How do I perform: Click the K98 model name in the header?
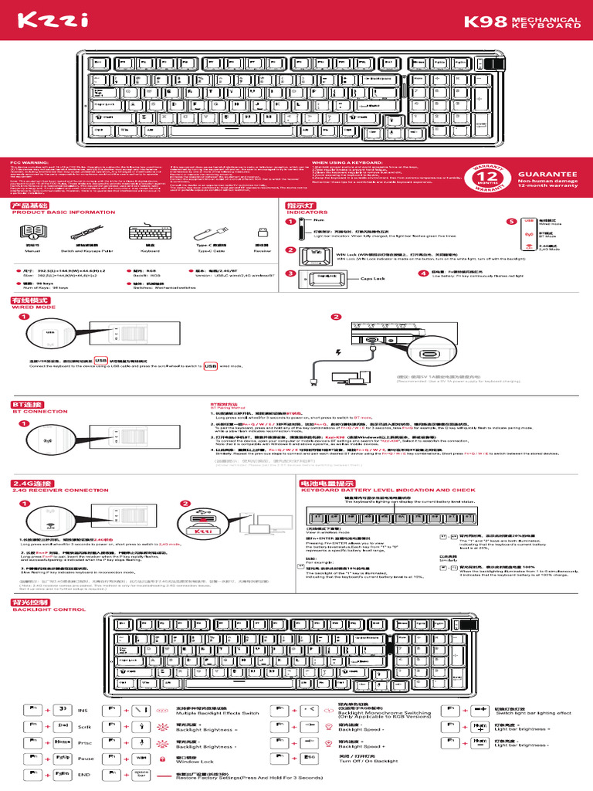483,23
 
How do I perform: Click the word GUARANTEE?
547,175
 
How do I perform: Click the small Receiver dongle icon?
263,232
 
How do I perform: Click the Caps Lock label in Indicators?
373,278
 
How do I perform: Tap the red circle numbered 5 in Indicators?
510,222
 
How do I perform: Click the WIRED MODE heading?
33,307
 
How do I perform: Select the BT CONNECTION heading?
40,412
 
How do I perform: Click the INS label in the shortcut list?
83,711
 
